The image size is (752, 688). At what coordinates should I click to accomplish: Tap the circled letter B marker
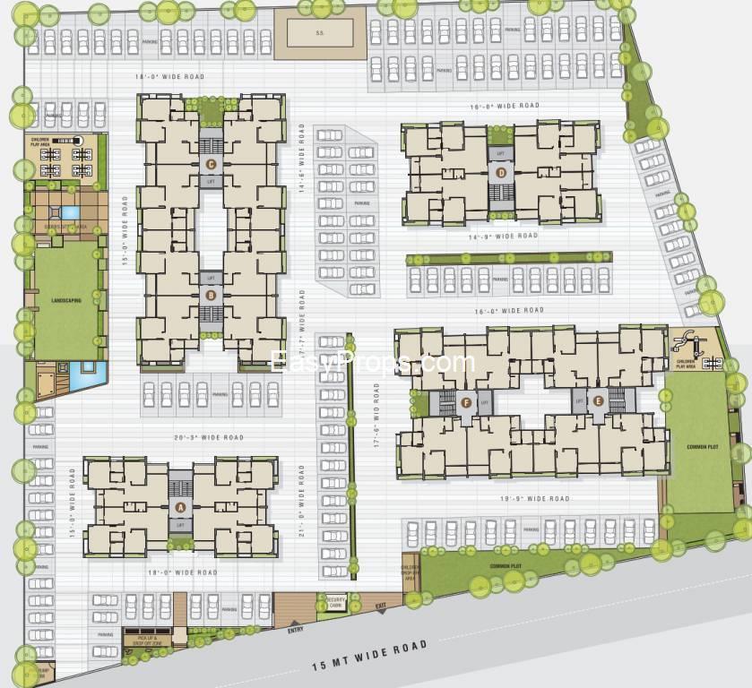point(211,295)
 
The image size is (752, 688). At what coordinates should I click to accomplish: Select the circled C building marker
point(211,164)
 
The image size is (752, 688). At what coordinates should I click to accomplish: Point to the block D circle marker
point(501,173)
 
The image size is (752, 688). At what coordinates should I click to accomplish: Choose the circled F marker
point(466,402)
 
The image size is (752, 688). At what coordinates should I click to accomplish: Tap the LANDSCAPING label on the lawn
point(66,301)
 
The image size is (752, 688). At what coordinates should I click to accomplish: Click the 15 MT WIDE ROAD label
point(368,656)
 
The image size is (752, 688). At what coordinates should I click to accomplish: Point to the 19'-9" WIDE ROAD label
point(536,499)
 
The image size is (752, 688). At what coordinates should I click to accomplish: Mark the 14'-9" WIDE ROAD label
point(503,236)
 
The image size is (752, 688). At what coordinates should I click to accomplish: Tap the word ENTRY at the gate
point(296,630)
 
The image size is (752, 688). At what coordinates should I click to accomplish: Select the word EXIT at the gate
point(381,606)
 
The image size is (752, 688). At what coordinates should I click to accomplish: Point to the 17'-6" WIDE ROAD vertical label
point(376,415)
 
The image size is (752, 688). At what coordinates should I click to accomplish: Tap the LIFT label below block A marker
point(181,523)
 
